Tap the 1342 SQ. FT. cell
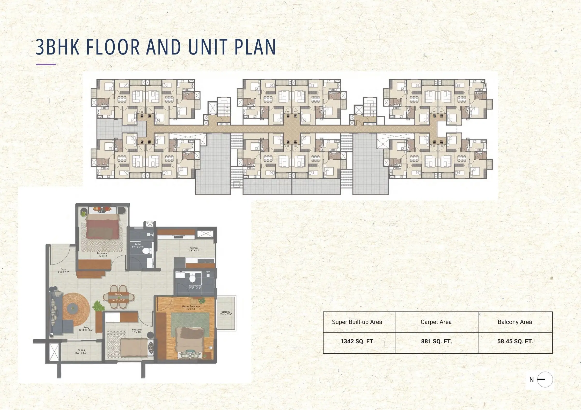357,341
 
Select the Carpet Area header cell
436,322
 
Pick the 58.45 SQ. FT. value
515,341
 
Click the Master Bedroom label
191,307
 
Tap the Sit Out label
81,352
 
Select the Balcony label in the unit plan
226,313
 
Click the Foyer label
64,270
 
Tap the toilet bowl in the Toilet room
148,251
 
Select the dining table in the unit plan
119,297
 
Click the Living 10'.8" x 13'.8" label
86,329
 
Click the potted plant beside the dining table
98,306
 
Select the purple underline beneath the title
46,64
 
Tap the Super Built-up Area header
357,322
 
